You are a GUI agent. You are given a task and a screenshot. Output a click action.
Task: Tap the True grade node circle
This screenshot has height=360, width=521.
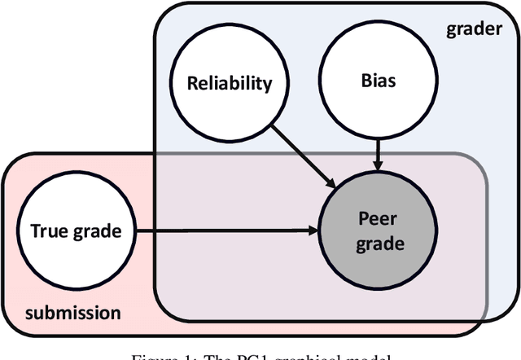76,230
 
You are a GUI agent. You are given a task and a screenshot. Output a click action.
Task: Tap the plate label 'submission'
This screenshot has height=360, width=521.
72,313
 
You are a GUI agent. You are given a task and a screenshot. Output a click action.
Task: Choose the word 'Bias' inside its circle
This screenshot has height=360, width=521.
376,81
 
